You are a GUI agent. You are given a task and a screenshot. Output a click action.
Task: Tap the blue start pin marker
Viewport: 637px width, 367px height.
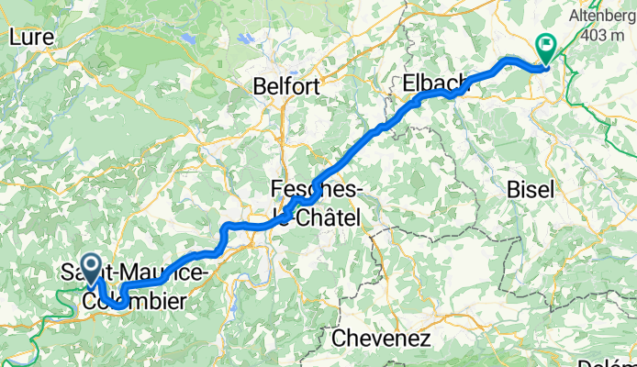[x=92, y=267]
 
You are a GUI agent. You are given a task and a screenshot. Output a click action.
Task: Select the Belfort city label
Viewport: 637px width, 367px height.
[x=287, y=87]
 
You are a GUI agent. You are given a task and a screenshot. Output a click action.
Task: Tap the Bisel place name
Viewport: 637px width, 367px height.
[x=531, y=190]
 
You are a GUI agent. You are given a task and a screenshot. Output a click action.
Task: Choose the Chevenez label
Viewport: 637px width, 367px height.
[x=381, y=339]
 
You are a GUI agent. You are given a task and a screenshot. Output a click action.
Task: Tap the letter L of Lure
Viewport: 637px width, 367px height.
[x=14, y=37]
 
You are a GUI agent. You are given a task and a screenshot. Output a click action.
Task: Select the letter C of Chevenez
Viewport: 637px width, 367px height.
[x=338, y=339]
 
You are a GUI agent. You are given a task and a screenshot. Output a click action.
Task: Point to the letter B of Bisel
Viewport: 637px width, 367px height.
[x=512, y=190]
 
